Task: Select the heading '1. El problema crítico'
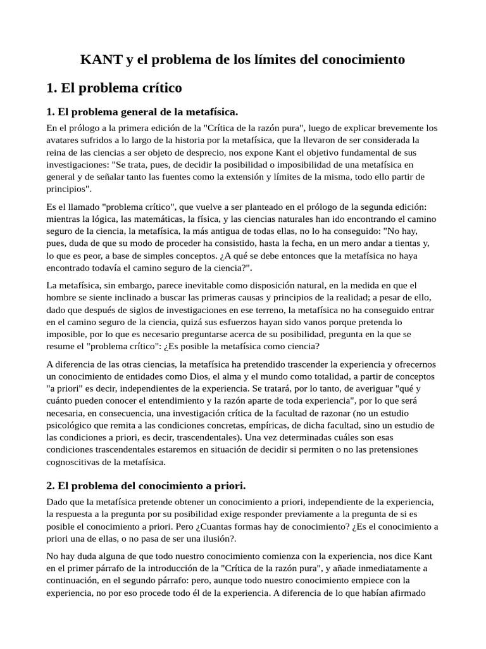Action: pyautogui.click(x=114, y=87)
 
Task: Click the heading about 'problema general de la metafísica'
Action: pyautogui.click(x=142, y=112)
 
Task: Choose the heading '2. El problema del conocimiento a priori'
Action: pyautogui.click(x=146, y=485)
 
